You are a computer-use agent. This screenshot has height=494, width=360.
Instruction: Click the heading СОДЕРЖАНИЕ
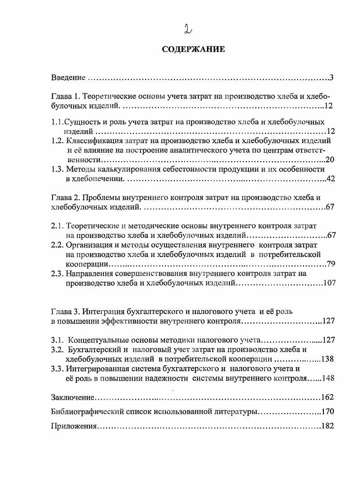click(193, 49)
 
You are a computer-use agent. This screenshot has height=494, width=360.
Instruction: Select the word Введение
click(68, 78)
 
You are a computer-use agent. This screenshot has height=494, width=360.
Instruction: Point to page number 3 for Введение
click(331, 78)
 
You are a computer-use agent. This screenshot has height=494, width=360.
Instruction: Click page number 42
click(330, 179)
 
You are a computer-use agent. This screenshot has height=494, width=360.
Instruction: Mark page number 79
click(330, 264)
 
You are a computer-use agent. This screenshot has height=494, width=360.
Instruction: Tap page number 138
click(327, 359)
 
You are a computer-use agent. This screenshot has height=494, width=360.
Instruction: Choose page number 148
click(327, 378)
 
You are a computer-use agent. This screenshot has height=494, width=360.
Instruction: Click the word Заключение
click(72, 397)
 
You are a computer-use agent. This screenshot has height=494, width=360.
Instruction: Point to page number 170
click(327, 412)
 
